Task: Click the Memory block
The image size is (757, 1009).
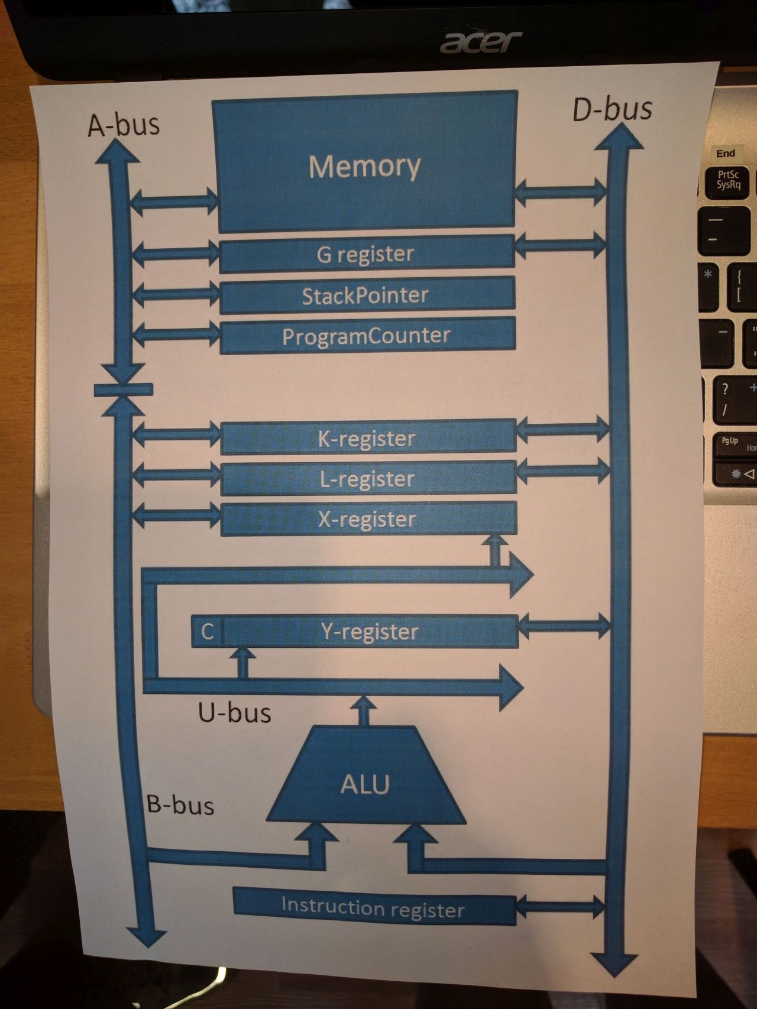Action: point(364,166)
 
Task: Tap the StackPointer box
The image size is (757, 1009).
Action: point(367,296)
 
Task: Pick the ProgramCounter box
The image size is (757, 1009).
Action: point(367,336)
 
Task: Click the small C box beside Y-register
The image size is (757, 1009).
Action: point(207,631)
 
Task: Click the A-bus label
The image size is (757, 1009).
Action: point(124,125)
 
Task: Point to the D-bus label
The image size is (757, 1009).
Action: point(613,109)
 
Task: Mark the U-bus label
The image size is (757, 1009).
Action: point(234,713)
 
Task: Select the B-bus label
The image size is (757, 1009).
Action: point(180,805)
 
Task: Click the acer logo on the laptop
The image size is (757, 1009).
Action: point(480,43)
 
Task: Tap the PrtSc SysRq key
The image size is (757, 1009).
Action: point(728,180)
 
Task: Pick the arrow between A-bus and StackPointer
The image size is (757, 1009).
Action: point(176,294)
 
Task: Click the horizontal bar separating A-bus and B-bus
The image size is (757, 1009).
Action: point(123,390)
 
